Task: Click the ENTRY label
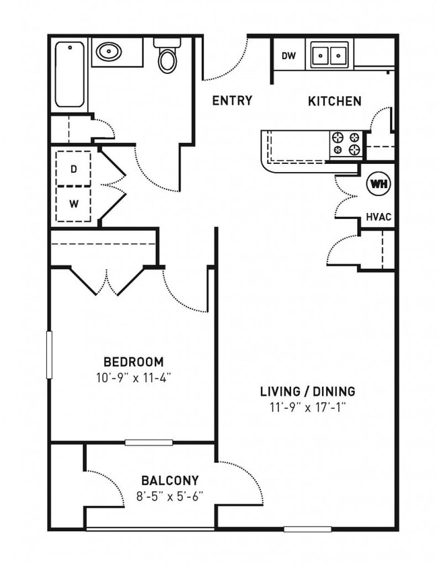tap(232, 101)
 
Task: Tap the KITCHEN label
tap(334, 101)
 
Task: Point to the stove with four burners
tap(346, 144)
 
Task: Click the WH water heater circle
tap(378, 183)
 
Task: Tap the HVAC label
tap(379, 218)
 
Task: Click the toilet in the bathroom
tap(167, 56)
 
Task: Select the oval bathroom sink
tap(108, 51)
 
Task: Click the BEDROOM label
tap(134, 361)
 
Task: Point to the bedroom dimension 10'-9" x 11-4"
tap(134, 378)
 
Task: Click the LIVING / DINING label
tap(307, 392)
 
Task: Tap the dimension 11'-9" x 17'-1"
tap(307, 408)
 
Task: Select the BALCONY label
tap(169, 480)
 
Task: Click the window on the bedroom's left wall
tap(49, 354)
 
